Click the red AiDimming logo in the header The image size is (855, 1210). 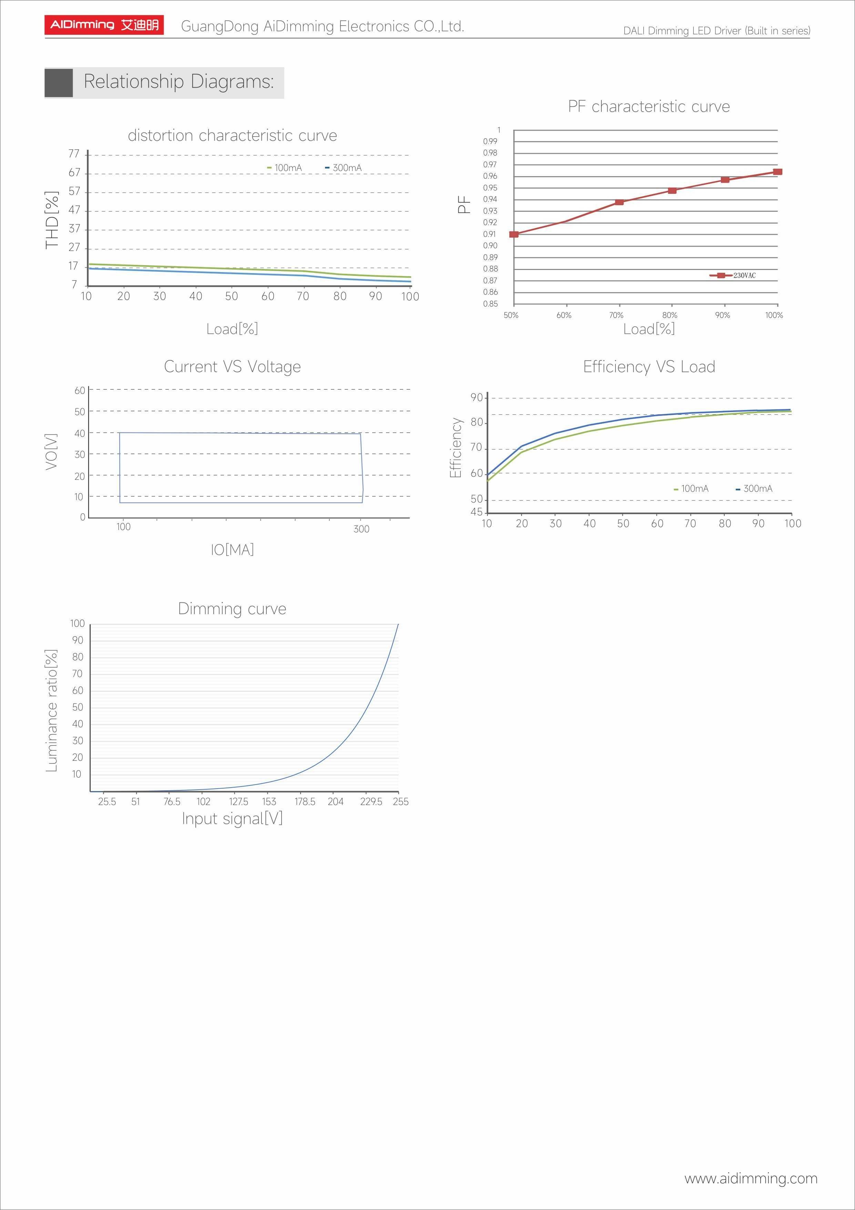104,25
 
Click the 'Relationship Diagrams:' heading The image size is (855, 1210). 179,82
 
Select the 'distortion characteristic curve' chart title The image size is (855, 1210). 232,136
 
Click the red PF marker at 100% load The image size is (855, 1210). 777,172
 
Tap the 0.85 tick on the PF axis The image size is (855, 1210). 490,303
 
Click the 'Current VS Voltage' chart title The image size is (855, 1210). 232,367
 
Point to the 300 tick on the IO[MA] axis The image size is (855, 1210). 362,529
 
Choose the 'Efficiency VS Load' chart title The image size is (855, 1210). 649,367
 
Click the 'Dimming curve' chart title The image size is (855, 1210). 232,609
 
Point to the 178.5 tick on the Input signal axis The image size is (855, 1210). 305,802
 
